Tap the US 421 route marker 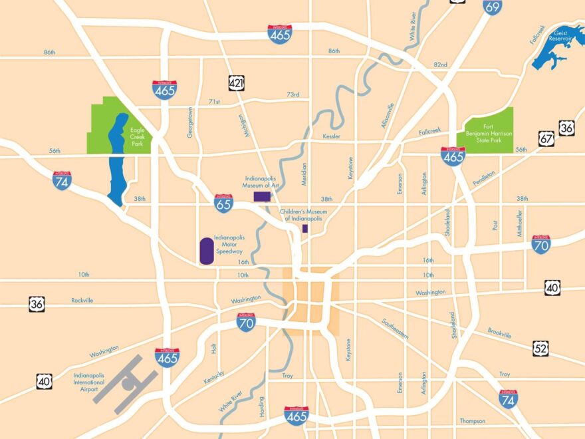tap(236, 82)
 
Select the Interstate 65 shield tap(223, 203)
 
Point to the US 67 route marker tap(546, 139)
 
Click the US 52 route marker tap(540, 348)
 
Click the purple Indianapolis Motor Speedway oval tap(206, 249)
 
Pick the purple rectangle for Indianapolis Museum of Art tap(262, 196)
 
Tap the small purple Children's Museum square tap(305, 228)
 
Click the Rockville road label tap(82, 300)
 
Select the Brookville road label tap(499, 333)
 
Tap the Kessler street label tap(332, 136)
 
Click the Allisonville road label tap(388, 116)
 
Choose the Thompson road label tap(472, 420)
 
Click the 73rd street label tap(293, 94)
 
